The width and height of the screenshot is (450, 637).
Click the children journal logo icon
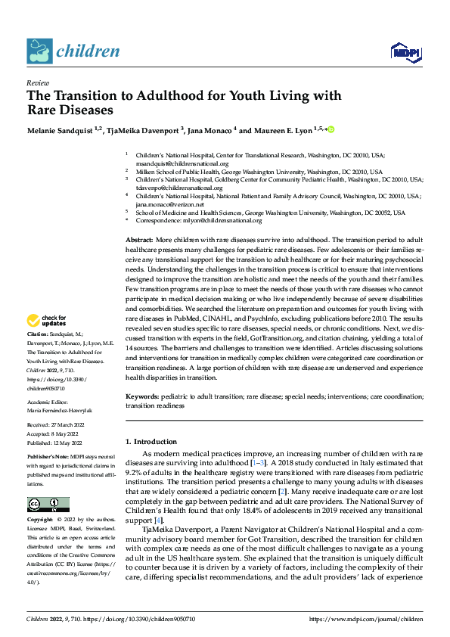pyautogui.click(x=39, y=51)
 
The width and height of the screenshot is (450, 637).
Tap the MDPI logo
pyautogui.click(x=405, y=51)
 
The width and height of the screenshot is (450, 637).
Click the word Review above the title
pyautogui.click(x=37, y=83)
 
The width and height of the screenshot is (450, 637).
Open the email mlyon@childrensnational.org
pyautogui.click(x=227, y=220)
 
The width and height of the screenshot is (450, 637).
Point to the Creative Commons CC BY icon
pyautogui.click(x=48, y=505)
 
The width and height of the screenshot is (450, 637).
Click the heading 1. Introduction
pyautogui.click(x=154, y=441)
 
